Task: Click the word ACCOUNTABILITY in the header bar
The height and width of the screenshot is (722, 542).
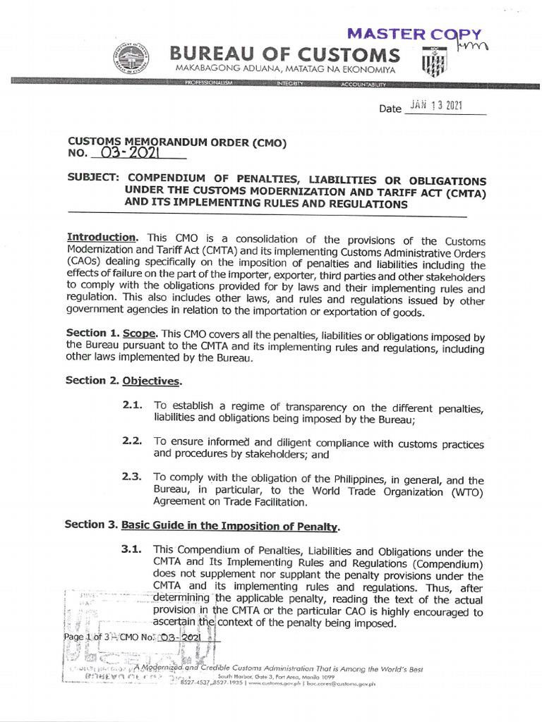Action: (x=363, y=85)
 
